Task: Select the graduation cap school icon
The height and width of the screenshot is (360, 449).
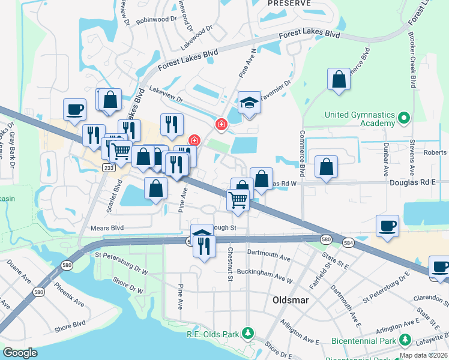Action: pyautogui.click(x=249, y=103)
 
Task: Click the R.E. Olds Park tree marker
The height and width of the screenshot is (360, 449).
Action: pyautogui.click(x=246, y=334)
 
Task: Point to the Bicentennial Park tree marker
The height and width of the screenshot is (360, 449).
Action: pyautogui.click(x=405, y=341)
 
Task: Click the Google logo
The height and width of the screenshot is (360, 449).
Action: pyautogui.click(x=20, y=353)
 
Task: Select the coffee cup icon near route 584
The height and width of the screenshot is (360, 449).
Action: pyautogui.click(x=387, y=226)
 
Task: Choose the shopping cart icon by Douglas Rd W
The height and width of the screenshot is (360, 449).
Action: pyautogui.click(x=238, y=200)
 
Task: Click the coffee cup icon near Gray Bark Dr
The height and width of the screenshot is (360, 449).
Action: pyautogui.click(x=75, y=109)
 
